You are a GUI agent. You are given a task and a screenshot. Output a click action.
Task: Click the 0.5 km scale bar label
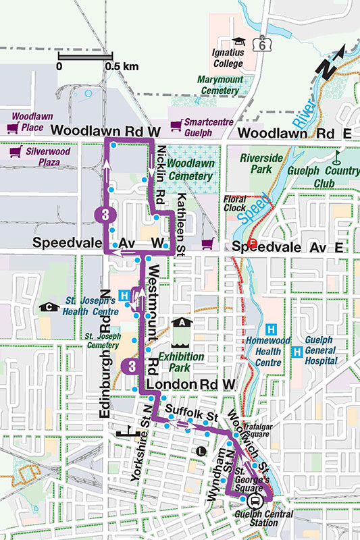tap(122, 67)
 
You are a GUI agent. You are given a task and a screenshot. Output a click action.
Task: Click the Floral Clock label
tap(234, 205)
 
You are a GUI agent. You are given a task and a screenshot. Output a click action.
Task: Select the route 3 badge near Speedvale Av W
tap(103, 215)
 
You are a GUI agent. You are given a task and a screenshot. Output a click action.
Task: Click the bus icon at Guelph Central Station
tap(255, 502)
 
